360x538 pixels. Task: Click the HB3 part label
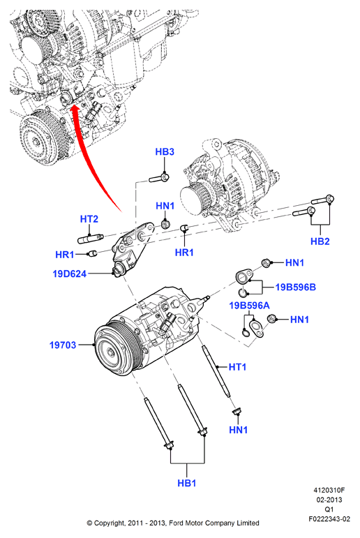(165, 151)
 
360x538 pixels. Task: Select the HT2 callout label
(89, 219)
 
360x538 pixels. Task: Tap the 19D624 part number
(69, 274)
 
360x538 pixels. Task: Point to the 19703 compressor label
(63, 345)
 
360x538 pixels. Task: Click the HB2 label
(320, 241)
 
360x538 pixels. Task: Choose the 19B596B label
(296, 287)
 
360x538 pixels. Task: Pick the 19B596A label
(250, 306)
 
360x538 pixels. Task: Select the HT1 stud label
(237, 367)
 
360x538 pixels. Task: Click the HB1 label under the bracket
(187, 483)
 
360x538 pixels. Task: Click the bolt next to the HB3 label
(159, 178)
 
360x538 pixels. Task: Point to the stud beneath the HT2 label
(91, 239)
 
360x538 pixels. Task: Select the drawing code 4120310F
(329, 491)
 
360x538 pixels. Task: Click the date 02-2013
(329, 500)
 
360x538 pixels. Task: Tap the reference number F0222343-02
(329, 519)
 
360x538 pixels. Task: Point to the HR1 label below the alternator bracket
(184, 253)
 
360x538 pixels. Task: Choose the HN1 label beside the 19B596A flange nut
(299, 320)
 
